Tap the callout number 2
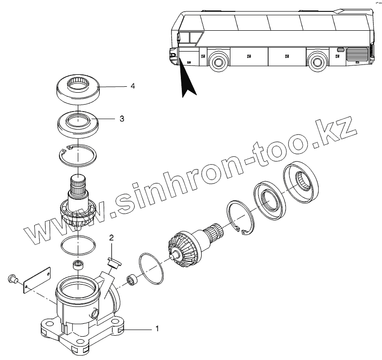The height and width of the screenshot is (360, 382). tap(112, 238)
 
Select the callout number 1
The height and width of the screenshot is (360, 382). tap(158, 328)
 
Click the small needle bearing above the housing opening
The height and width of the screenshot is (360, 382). tap(78, 264)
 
